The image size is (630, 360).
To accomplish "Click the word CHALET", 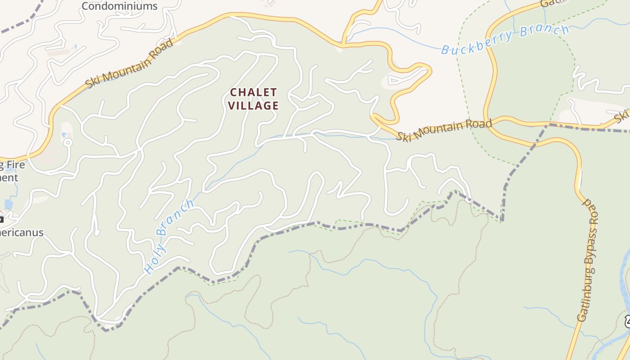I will (x=253, y=92).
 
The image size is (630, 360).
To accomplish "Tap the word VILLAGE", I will (x=253, y=106).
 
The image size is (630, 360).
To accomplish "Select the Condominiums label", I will (x=119, y=6).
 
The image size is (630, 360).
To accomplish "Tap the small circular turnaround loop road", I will (x=68, y=143).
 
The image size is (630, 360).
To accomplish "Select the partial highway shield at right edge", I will (x=626, y=321).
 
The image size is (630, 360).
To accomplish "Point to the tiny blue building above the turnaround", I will (x=63, y=135).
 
